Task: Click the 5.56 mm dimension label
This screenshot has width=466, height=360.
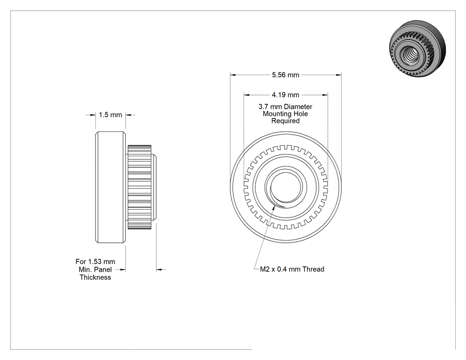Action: pos(286,75)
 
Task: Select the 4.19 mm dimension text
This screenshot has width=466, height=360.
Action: pos(286,95)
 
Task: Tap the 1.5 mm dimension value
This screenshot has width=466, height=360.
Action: pos(110,115)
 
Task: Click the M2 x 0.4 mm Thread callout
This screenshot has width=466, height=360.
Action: pos(292,269)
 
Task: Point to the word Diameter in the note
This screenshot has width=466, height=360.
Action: pos(298,107)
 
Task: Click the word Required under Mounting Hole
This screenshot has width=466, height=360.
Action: pos(285,121)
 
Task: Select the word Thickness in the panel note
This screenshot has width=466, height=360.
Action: pos(95,277)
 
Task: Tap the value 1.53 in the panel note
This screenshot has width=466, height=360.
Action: pos(95,261)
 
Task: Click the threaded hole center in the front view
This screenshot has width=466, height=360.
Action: pos(286,186)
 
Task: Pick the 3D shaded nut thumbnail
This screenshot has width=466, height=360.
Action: pos(417,49)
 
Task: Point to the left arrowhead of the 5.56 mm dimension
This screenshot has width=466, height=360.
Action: pos(233,75)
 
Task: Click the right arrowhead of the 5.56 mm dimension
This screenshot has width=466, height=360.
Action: pos(339,75)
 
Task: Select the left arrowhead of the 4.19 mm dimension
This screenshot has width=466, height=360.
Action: pos(247,95)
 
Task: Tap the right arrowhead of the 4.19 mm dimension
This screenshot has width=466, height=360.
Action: pos(325,95)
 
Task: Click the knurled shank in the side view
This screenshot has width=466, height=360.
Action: pos(140,187)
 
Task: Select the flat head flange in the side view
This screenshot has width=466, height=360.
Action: pos(110,187)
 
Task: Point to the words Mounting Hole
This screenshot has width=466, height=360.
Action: pos(285,114)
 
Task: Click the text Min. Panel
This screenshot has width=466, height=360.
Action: pos(95,269)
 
